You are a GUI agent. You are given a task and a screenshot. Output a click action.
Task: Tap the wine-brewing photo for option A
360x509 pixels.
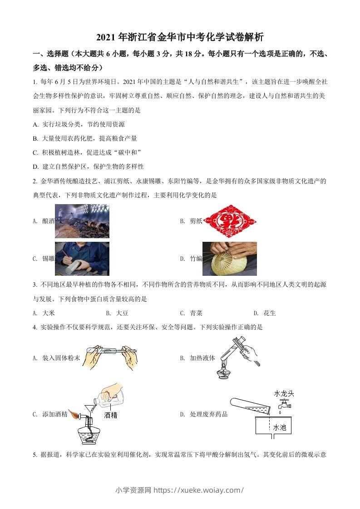(x=82, y=221)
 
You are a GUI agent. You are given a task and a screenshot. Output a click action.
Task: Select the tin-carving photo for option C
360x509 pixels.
(x=82, y=259)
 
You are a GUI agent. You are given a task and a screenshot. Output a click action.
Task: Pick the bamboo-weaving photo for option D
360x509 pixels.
(x=229, y=259)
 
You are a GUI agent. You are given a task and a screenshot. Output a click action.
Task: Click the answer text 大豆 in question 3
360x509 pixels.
(x=122, y=313)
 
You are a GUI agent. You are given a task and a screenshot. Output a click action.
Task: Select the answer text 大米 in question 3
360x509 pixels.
(x=49, y=313)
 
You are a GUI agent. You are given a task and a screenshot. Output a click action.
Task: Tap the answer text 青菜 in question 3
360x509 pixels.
(x=196, y=313)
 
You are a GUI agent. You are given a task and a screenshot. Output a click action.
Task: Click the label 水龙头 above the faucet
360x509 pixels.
(x=284, y=393)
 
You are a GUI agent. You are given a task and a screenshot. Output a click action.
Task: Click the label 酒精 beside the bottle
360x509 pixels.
(x=111, y=415)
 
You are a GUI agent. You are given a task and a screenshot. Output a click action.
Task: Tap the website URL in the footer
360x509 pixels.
(x=199, y=490)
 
